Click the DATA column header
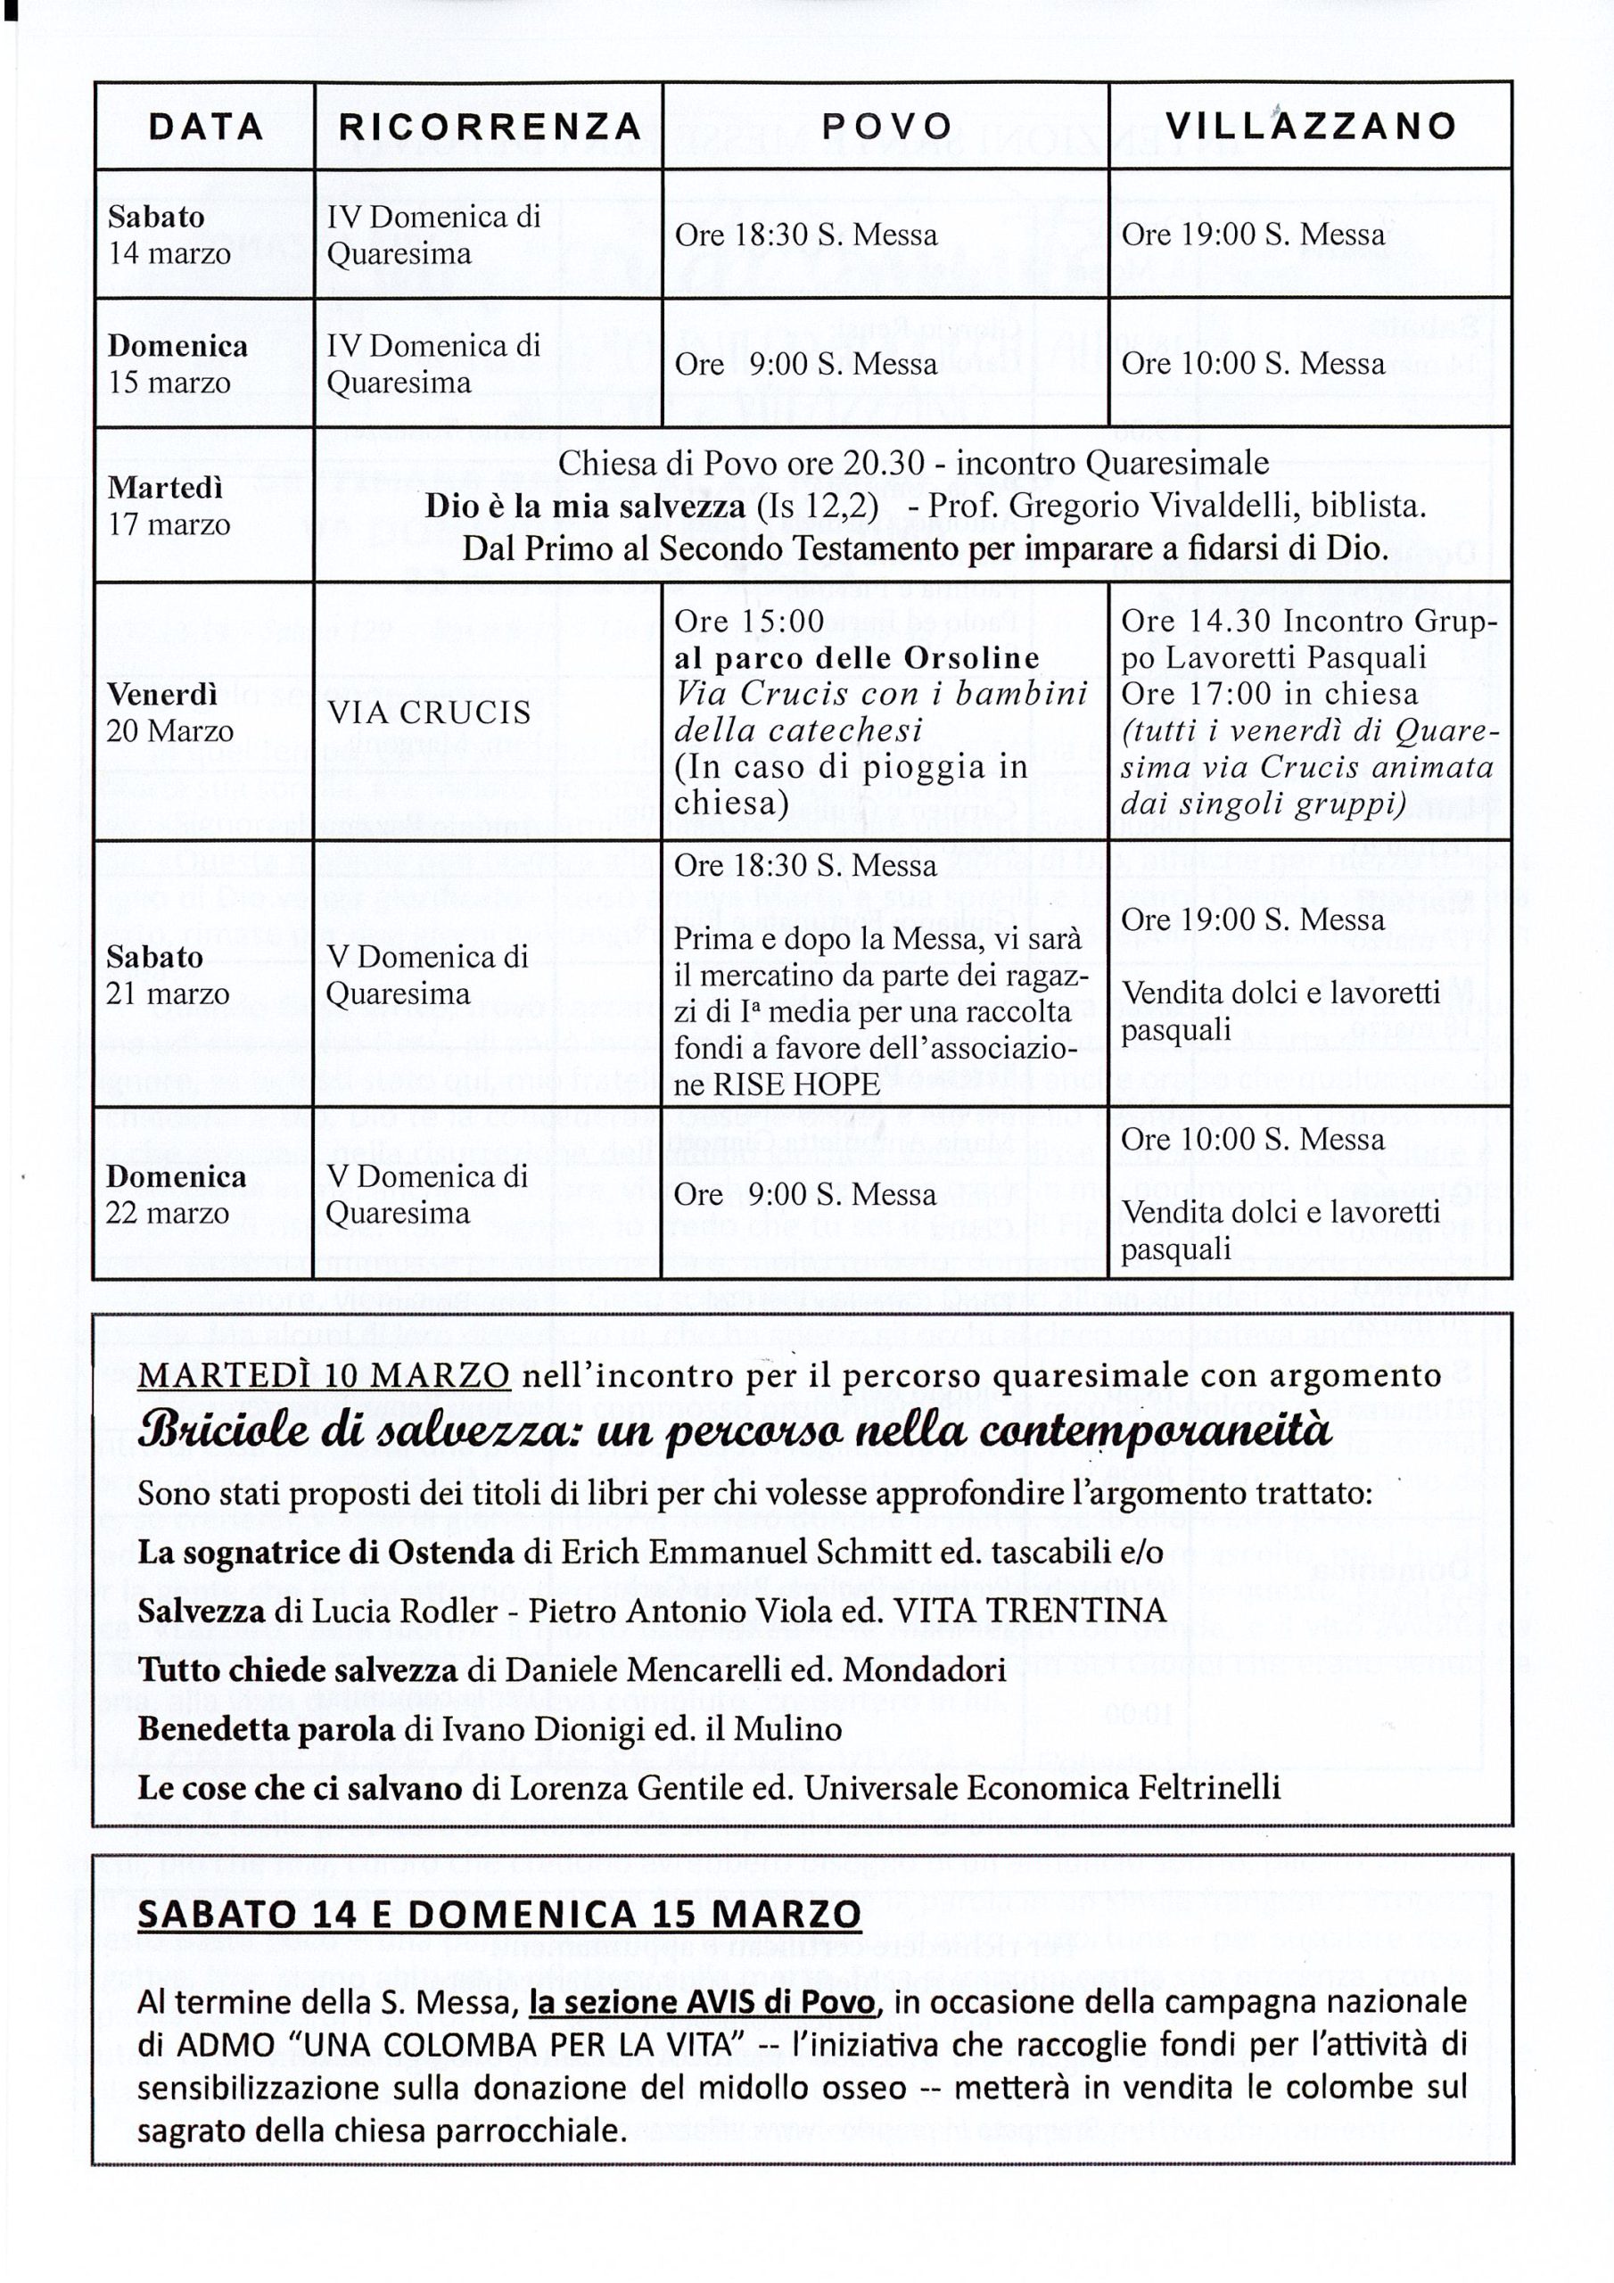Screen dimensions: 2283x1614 pyautogui.click(x=206, y=127)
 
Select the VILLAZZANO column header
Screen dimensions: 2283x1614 pyautogui.click(x=1310, y=127)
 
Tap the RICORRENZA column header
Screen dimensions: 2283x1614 pyautogui.click(x=490, y=127)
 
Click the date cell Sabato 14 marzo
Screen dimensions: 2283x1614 pyautogui.click(x=169, y=235)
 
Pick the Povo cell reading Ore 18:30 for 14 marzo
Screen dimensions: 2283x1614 pyautogui.click(x=805, y=235)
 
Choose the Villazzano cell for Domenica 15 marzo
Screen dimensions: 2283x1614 pyautogui.click(x=1252, y=363)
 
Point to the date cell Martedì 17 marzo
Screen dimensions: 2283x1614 pyautogui.click(x=169, y=505)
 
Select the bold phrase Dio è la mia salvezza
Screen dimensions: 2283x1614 pyautogui.click(x=585, y=507)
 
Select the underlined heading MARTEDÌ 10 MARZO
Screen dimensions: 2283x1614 pyautogui.click(x=325, y=1375)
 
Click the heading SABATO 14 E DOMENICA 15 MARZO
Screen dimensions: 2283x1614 pyautogui.click(x=499, y=1914)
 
